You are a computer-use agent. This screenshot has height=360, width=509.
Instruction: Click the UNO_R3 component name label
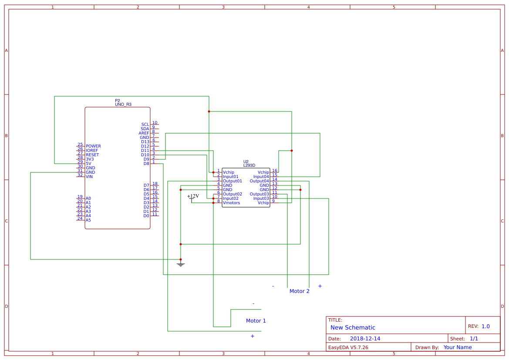123,104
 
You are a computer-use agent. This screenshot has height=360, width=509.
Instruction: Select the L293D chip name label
249,165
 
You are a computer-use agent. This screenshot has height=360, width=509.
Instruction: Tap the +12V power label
193,196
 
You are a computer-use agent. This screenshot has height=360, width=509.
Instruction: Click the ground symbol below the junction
181,264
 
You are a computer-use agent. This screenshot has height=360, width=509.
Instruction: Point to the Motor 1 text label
256,321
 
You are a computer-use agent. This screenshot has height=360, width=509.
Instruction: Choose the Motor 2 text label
299,291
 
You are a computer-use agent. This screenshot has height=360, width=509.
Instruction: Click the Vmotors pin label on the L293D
231,203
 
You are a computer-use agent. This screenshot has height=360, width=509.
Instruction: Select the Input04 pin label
261,177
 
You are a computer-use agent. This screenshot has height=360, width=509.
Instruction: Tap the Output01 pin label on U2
232,181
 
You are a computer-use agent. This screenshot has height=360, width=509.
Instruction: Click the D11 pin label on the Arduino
145,151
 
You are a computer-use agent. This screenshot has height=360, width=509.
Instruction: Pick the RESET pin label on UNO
92,155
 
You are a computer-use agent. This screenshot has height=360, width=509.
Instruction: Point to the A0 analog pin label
88,199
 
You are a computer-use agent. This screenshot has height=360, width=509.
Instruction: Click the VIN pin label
89,177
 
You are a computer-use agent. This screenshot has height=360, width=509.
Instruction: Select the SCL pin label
145,124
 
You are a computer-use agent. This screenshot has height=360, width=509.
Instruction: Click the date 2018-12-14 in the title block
365,339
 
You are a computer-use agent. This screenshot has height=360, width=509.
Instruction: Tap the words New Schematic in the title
352,327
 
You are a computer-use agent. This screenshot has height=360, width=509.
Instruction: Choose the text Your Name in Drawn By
457,347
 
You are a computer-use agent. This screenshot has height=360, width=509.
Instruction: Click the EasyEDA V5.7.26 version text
348,347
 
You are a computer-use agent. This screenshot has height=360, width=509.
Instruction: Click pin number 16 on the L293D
274,171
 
